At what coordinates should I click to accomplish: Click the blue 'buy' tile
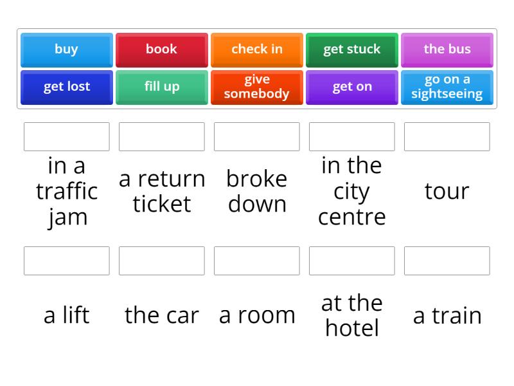point(67,50)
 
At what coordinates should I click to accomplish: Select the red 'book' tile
point(162,50)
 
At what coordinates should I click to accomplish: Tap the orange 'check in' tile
point(256,50)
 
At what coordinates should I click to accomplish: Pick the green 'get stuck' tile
point(351,50)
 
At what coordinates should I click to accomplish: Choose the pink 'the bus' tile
point(447,50)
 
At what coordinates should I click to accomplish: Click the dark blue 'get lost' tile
point(67,87)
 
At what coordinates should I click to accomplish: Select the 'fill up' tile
point(162,87)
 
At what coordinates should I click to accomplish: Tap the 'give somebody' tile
point(256,87)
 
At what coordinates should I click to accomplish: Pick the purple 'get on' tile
point(351,87)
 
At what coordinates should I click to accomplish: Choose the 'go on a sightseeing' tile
point(447,87)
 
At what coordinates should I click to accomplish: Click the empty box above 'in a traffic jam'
point(67,136)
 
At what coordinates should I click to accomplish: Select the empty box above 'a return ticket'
point(162,136)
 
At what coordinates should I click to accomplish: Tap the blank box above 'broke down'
point(256,136)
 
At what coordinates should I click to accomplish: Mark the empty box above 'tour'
point(447,136)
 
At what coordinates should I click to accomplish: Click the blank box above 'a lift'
point(67,261)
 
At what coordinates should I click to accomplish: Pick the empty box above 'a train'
point(447,261)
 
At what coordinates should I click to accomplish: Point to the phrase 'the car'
point(162,315)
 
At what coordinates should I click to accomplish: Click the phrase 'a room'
point(257,316)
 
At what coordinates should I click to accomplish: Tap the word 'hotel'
point(352,327)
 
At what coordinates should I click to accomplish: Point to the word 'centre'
point(351,217)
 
